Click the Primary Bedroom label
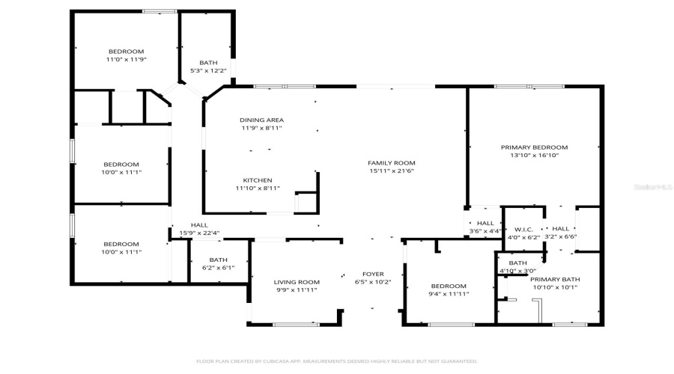[534, 147]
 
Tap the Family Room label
[391, 163]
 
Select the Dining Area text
[261, 120]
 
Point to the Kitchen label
[257, 180]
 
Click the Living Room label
[298, 282]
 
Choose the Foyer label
[373, 274]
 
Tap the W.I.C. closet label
[523, 229]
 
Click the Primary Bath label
[555, 279]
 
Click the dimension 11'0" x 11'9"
[125, 59]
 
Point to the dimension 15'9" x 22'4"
[198, 233]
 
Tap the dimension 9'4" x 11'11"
[449, 294]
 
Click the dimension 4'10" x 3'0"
[517, 271]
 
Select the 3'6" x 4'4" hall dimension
[485, 231]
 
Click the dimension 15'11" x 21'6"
[391, 171]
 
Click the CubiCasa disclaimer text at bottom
[337, 361]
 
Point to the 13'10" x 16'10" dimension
[534, 156]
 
